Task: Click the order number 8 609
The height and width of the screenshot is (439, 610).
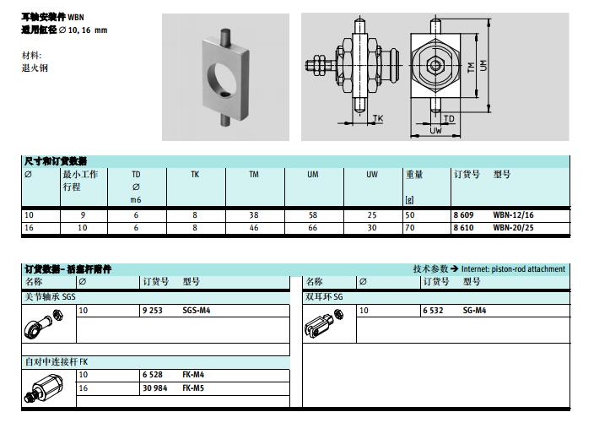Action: coord(463,214)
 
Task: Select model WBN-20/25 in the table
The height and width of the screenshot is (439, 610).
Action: coord(513,228)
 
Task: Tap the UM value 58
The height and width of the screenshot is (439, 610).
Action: coord(313,214)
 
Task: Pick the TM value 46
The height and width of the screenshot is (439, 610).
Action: coord(254,228)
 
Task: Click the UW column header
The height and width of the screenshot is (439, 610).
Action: coord(372,175)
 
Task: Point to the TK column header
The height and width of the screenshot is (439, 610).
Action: coord(195,175)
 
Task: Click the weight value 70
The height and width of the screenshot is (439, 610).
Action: coord(410,228)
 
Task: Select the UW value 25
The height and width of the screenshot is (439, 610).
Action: coord(372,214)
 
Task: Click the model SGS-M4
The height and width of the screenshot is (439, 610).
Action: coord(196,310)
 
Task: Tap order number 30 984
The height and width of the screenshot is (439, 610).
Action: coord(155,388)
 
